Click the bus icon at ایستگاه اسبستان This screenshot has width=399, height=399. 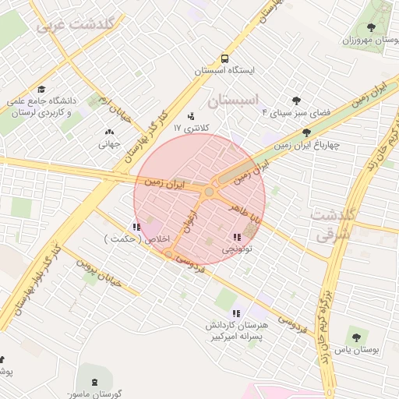224,58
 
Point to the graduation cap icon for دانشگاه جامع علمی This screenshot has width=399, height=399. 41,89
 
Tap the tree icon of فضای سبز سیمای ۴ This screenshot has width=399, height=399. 296,101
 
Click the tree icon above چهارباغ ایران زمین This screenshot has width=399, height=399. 306,133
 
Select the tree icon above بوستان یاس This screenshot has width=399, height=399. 356,338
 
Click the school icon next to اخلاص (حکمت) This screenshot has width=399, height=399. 136,227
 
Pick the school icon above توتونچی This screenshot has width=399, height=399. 236,237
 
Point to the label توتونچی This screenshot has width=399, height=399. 237,249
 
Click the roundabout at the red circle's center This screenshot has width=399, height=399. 209,192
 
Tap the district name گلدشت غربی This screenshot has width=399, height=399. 76,25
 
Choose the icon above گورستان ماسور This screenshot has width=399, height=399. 94,382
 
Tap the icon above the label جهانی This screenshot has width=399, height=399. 108,132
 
